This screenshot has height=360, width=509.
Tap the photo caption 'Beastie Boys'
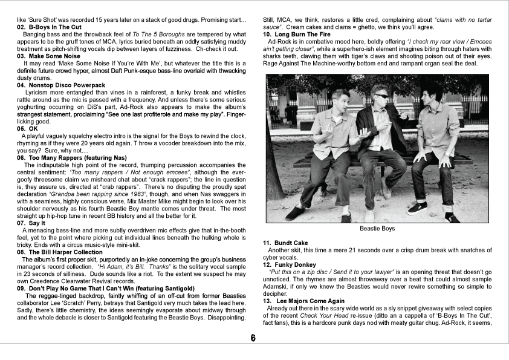[x=377, y=229]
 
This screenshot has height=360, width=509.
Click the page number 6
[x=254, y=338]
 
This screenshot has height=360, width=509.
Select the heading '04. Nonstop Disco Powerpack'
[x=61, y=85]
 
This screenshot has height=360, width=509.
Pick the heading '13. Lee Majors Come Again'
[x=304, y=301]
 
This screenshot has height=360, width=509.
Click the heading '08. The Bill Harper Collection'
[x=60, y=252]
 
